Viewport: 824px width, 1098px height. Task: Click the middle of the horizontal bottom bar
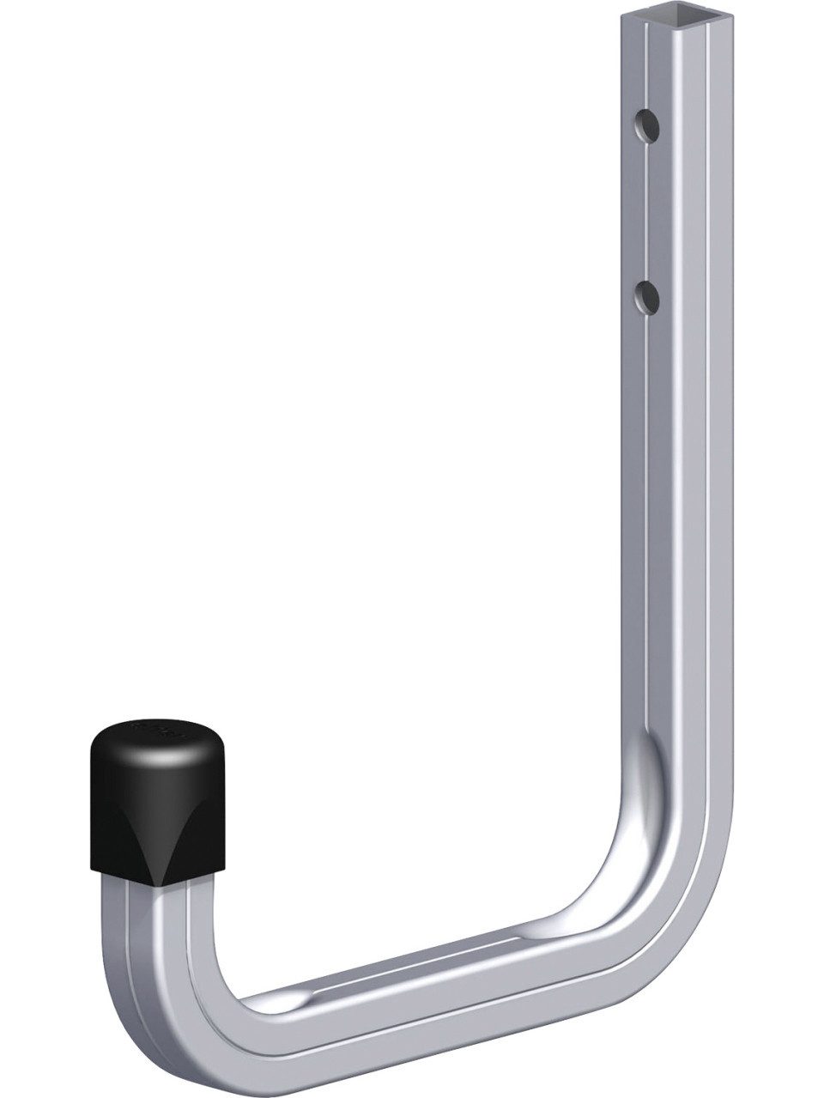coord(412,987)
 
